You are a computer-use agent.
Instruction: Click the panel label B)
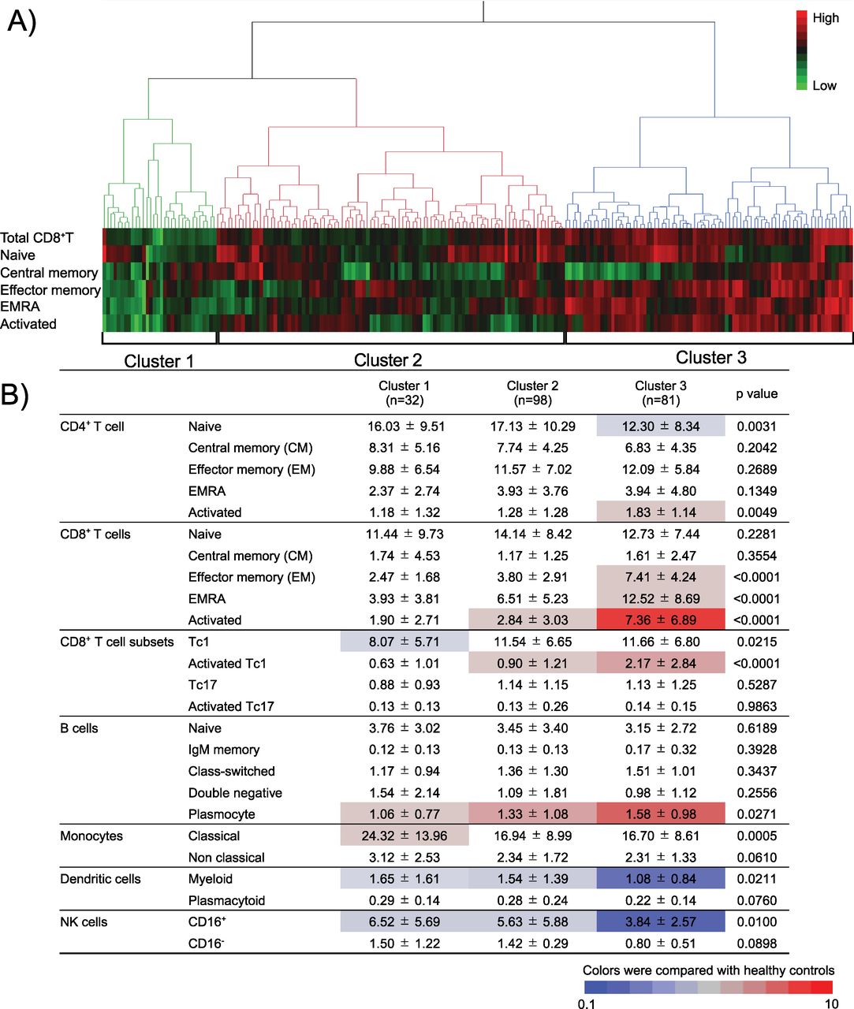(x=18, y=394)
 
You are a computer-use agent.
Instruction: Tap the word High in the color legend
(x=826, y=18)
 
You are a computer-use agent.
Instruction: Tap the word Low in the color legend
(x=824, y=85)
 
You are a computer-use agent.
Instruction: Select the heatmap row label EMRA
(x=20, y=307)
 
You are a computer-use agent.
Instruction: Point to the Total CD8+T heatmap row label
(x=37, y=237)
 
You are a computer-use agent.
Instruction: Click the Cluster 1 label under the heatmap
(x=158, y=361)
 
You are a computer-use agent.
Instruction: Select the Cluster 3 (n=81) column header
(x=660, y=393)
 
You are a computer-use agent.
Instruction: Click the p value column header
(x=756, y=393)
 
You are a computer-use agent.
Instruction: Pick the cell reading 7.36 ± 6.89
(x=660, y=620)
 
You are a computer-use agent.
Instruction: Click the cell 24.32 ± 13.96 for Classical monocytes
(x=404, y=836)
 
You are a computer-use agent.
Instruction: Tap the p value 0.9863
(x=756, y=706)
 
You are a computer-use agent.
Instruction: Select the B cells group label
(x=79, y=728)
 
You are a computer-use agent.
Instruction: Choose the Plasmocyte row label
(x=222, y=814)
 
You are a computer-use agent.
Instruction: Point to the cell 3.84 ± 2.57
(x=660, y=922)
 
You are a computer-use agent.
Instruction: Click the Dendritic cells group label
(x=100, y=879)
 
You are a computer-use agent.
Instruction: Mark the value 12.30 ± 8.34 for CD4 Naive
(x=660, y=426)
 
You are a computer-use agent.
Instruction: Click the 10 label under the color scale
(x=830, y=1003)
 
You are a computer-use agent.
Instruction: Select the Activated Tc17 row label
(x=231, y=706)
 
